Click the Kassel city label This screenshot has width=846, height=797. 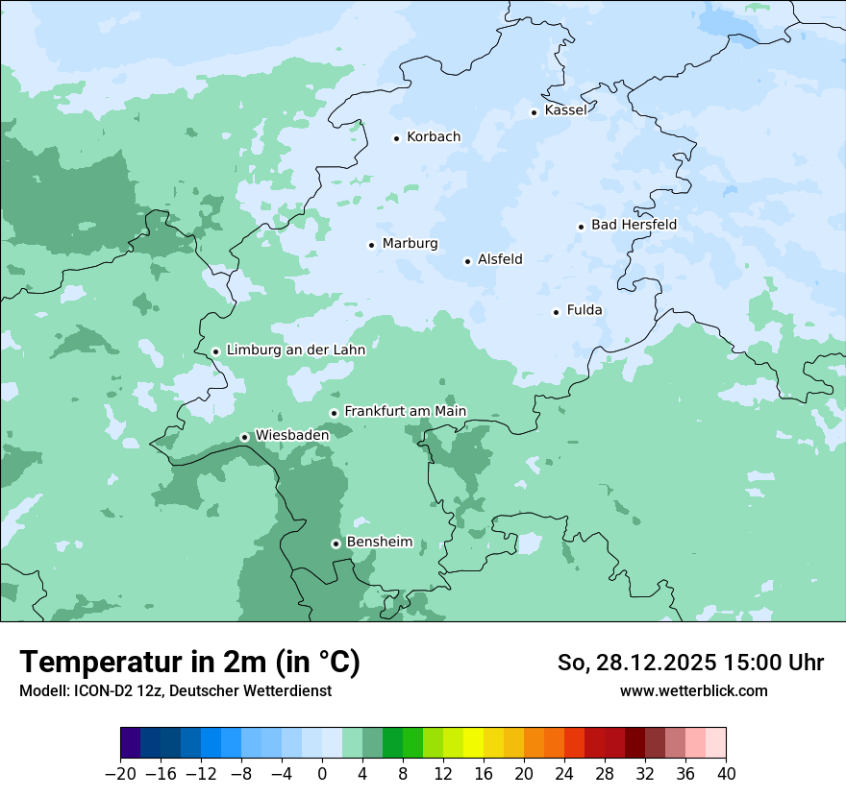(x=565, y=110)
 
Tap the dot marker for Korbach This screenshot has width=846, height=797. (x=396, y=138)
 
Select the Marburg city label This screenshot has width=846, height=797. (x=410, y=244)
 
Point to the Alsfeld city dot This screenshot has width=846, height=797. (x=467, y=261)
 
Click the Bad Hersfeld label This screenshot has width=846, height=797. (x=634, y=226)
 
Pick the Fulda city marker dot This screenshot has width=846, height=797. (x=556, y=312)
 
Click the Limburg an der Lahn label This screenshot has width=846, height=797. (x=295, y=350)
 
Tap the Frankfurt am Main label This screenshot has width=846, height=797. (x=405, y=412)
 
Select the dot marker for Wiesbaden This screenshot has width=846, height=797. (x=244, y=437)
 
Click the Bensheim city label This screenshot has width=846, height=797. (x=379, y=543)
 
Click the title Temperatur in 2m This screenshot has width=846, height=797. (x=189, y=663)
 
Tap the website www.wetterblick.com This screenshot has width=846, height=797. (x=693, y=691)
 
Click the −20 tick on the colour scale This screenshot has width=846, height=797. (x=121, y=774)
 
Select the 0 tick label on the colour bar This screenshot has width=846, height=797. (x=322, y=774)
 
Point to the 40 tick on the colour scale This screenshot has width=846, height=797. (x=726, y=774)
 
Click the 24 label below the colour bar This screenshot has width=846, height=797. (x=564, y=774)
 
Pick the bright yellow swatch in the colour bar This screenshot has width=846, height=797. (x=473, y=743)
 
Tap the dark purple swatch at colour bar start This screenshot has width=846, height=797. (x=131, y=743)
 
